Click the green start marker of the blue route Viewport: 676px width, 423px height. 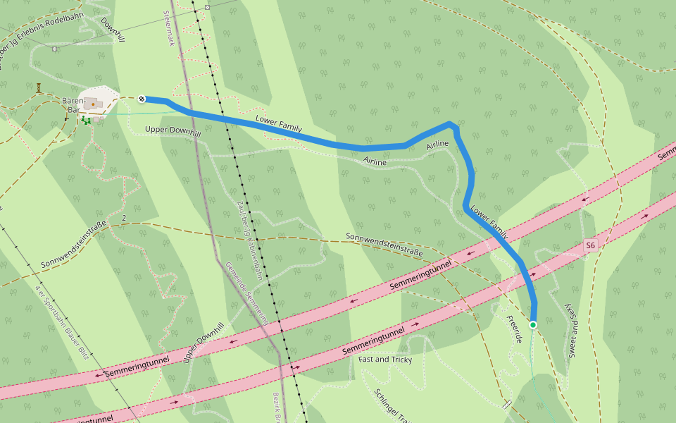pos(533,325)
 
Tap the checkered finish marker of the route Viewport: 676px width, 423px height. pos(142,99)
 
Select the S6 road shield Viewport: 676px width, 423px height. pos(590,245)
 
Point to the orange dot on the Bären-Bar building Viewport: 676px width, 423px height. pos(93,104)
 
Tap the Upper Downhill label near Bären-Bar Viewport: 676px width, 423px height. pos(173,130)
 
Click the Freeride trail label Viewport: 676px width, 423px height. pos(514,329)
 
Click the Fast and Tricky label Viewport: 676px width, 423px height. pos(384,360)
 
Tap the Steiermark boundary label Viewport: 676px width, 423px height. pos(168,28)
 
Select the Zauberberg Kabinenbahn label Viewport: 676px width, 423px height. pos(249,240)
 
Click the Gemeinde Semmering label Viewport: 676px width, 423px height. pos(246,293)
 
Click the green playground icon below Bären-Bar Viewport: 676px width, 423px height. pos(86,121)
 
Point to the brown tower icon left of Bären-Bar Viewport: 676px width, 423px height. pos(39,87)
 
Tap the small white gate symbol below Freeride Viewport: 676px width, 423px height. pos(506,405)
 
